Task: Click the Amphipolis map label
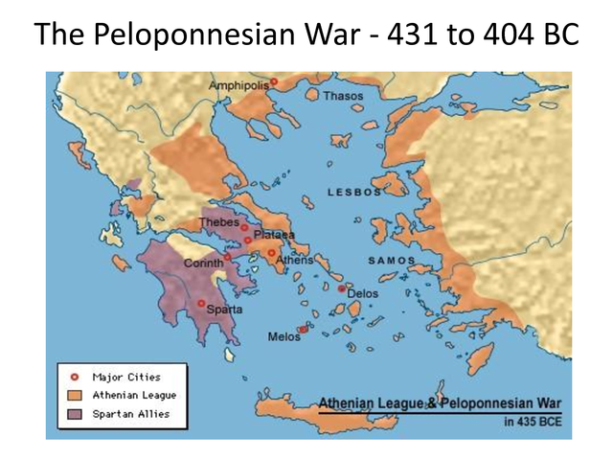238,85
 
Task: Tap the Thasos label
343,96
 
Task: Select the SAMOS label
393,260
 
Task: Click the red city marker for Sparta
201,304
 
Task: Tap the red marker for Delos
341,287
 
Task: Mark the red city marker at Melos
303,330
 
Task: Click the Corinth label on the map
203,264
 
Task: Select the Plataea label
275,235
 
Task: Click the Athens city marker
271,253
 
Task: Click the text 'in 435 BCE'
531,420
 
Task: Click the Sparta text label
224,310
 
